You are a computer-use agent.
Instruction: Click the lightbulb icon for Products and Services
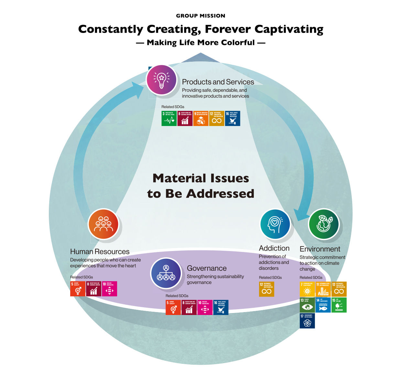(x=161, y=80)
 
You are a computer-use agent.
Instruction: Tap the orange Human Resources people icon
(x=103, y=224)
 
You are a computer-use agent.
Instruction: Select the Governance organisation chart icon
(x=166, y=273)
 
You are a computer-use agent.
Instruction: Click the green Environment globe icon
(x=323, y=224)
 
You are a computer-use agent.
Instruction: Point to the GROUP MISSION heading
(x=200, y=16)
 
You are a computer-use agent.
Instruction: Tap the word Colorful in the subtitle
(x=238, y=43)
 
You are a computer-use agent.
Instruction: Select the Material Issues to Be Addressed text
(x=200, y=186)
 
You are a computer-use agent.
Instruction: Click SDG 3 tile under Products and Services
(x=169, y=119)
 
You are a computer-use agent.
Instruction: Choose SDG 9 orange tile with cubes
(x=201, y=119)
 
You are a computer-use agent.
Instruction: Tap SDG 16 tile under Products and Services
(x=233, y=119)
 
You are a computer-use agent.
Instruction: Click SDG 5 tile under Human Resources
(x=78, y=289)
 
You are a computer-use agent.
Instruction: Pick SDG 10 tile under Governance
(x=205, y=308)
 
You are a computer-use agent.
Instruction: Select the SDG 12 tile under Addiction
(x=266, y=289)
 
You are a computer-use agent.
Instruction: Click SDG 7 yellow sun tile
(x=307, y=289)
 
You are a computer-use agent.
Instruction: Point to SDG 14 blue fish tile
(x=323, y=305)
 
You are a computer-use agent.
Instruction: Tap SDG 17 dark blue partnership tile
(x=307, y=321)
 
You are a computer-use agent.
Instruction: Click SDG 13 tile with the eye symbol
(x=307, y=305)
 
